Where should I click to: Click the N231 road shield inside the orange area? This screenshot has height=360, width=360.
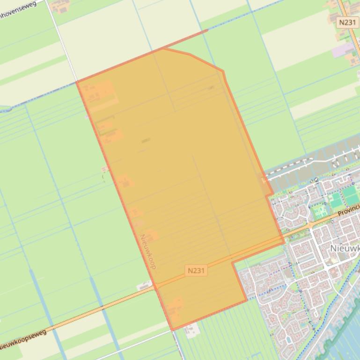196,270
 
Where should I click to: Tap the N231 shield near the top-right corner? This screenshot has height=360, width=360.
348,22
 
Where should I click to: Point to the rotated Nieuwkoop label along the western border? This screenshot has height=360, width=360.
147,251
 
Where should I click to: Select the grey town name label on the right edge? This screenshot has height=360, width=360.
345,248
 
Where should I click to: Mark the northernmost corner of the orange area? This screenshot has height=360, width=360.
164,48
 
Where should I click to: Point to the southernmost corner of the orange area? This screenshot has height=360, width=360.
172,330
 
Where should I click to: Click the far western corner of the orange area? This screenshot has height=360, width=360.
77,82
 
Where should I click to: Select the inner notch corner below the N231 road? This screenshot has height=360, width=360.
233,262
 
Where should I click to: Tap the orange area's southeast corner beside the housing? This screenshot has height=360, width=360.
246,300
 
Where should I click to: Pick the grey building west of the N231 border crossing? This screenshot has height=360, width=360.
145,285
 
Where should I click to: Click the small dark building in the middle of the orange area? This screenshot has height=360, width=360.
146,140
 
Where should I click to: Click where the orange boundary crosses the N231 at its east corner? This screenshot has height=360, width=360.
283,241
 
